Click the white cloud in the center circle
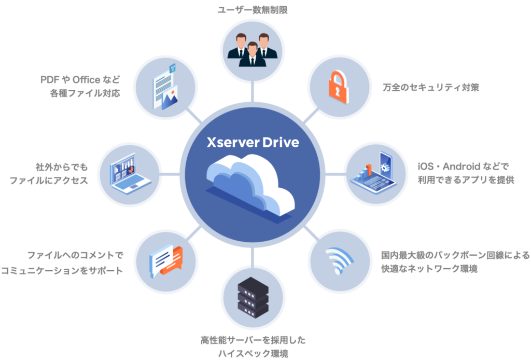click(x=250, y=185)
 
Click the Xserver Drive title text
click(x=253, y=142)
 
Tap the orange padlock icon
click(x=338, y=87)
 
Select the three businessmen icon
click(x=253, y=50)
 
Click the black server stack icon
click(x=253, y=297)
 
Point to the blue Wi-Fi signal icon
click(x=339, y=260)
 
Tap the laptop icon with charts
click(x=130, y=173)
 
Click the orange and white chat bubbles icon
click(x=166, y=261)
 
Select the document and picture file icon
click(x=165, y=87)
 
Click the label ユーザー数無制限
click(x=253, y=10)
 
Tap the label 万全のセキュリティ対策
click(x=431, y=87)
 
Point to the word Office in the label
click(x=87, y=79)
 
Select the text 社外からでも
click(x=62, y=167)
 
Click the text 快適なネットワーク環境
click(x=429, y=269)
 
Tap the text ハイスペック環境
click(x=253, y=354)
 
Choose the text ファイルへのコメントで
click(x=75, y=255)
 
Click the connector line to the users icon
click(x=253, y=91)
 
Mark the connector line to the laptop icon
click(x=170, y=174)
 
